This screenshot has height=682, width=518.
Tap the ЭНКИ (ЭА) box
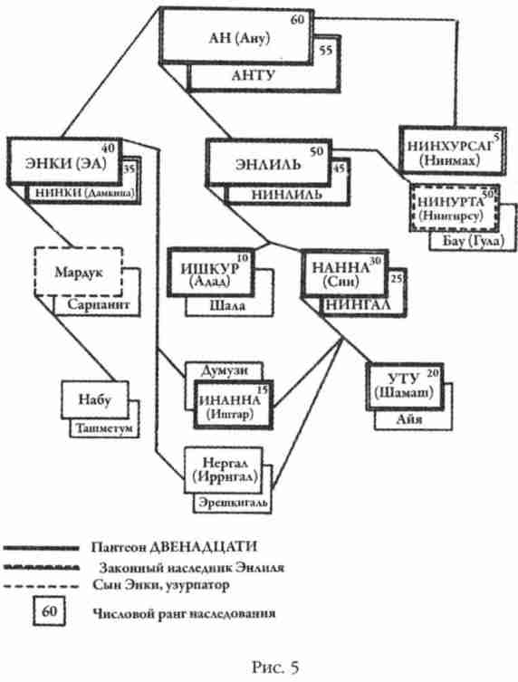(x=64, y=163)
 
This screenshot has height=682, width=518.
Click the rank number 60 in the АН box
(x=297, y=20)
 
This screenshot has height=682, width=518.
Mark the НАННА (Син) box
(x=341, y=274)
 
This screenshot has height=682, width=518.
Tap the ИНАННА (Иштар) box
(x=234, y=399)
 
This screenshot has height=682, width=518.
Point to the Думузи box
(x=222, y=370)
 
